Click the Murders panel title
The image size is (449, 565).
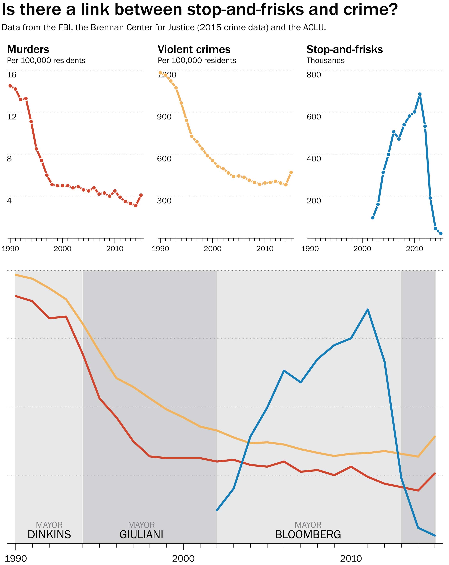coord(28,49)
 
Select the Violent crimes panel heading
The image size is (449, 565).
coord(194,49)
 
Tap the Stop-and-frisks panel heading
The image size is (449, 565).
coord(344,49)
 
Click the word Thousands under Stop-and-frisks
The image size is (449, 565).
coord(325,61)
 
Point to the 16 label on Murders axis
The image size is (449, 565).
coord(12,75)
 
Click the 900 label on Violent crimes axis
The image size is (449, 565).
coord(164,117)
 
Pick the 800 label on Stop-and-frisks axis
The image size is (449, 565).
coord(314,75)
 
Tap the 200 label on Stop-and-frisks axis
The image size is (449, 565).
coord(314,201)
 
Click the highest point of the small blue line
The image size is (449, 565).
coord(420,94)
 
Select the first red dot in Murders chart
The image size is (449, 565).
coord(10,86)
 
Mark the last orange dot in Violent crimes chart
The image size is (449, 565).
coord(291,172)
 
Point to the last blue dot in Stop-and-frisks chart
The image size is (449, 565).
coord(441,233)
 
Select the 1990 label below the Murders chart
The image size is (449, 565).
coord(10,249)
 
